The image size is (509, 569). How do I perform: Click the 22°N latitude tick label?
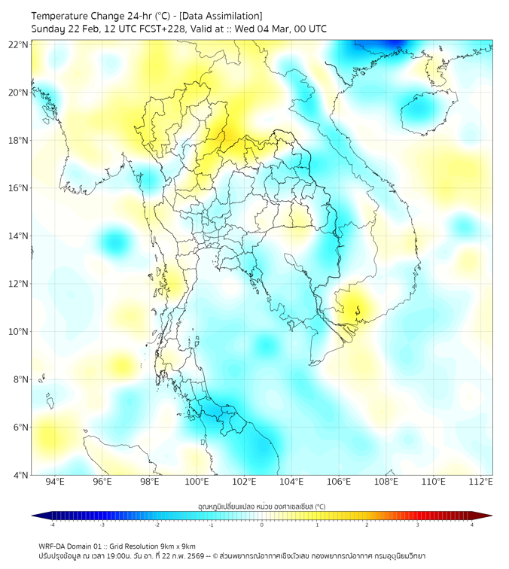point(18,44)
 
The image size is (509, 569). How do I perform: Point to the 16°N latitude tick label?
point(18,188)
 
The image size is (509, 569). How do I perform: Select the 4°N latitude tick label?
point(20,475)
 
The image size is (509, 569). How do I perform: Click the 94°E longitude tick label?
point(55,482)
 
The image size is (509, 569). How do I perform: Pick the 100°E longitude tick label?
point(197,482)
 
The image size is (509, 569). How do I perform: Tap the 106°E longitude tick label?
point(339,482)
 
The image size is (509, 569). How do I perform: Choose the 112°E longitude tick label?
point(480,482)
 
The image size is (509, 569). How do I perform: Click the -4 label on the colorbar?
point(51,525)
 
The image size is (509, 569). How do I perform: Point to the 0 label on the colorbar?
point(262,525)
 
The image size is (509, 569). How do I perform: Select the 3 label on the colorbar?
point(417,525)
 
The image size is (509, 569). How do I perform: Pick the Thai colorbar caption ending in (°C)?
point(261,507)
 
